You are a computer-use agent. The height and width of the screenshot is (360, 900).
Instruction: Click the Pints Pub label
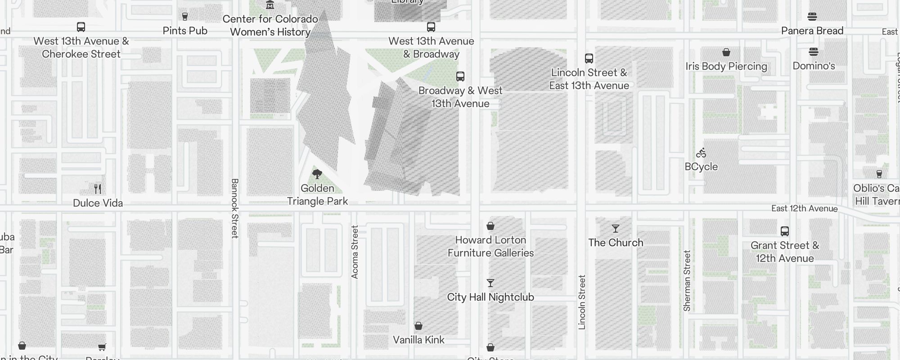pos(185,31)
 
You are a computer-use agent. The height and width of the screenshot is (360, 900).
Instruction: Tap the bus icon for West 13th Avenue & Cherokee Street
pos(81,27)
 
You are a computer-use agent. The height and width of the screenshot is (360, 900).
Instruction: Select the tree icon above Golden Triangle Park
pos(317,174)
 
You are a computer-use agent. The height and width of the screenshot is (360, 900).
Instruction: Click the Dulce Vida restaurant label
pos(98,203)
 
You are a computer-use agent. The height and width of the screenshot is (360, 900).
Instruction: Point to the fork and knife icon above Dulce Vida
pos(98,189)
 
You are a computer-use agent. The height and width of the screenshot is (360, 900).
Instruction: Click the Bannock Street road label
pos(234,208)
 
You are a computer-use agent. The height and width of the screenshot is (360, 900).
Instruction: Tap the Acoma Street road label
pos(355,252)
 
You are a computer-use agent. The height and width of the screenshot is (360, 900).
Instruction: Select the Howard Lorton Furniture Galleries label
pos(490,246)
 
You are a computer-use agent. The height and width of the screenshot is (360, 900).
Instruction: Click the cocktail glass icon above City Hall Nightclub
pos(490,283)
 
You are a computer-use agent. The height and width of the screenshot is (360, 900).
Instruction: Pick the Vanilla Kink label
pos(418,340)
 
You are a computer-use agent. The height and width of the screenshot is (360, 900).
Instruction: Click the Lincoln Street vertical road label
pos(582,302)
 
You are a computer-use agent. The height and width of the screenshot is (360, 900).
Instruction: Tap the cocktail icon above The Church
pos(616,229)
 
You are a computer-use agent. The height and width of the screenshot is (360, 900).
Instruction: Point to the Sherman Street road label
pos(687,281)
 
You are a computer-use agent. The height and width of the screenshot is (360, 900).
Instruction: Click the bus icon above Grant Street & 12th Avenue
pos(785,231)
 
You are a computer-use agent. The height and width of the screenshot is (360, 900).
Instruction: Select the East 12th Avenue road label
pos(804,208)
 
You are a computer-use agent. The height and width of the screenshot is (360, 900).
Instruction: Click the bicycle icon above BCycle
pos(701,153)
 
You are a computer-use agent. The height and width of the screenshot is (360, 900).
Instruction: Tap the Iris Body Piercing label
pos(726,66)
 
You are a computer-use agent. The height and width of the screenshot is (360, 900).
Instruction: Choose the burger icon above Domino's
pos(814,52)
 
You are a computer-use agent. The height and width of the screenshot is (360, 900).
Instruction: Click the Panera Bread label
pos(812,31)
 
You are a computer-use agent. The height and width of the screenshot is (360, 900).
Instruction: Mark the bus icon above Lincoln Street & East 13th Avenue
pos(589,58)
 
